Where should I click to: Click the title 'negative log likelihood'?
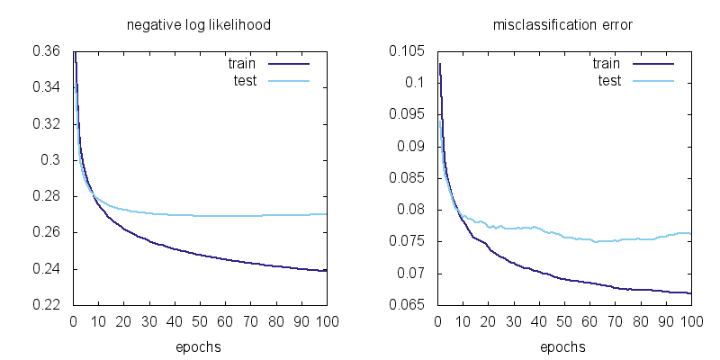click(199, 25)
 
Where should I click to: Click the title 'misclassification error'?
click(563, 25)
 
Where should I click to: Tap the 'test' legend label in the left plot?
click(245, 81)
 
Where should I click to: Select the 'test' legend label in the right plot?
click(609, 81)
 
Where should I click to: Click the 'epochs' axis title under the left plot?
click(199, 346)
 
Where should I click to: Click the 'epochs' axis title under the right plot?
click(563, 346)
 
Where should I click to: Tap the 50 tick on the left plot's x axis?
click(200, 321)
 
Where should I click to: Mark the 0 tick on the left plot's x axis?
click(73, 321)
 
